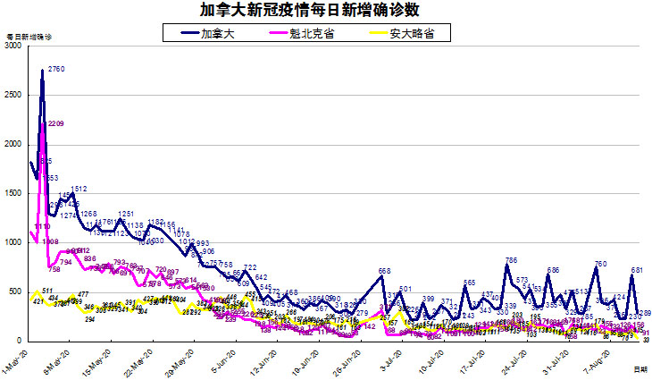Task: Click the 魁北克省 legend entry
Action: coord(311,32)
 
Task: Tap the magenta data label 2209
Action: coord(55,123)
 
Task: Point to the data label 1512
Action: coord(79,189)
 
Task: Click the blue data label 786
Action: coord(511,260)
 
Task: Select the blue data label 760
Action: coord(601,263)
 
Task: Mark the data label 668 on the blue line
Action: coord(385,271)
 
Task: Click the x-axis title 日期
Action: coord(640,368)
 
